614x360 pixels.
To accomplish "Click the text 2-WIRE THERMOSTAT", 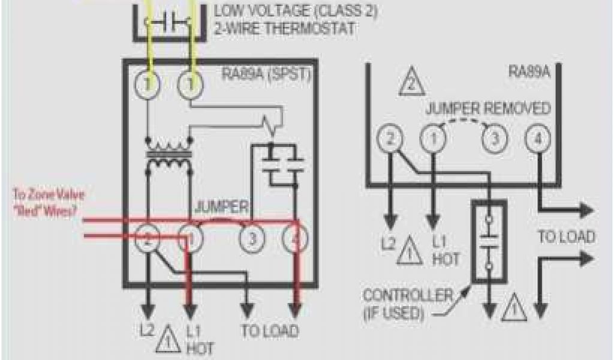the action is (x=284, y=28).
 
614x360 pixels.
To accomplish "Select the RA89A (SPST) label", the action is (x=267, y=74).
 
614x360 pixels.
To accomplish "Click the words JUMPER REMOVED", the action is (x=488, y=109).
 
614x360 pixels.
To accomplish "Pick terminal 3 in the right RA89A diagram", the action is (x=493, y=140).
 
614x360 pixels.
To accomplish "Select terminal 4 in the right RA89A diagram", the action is (x=535, y=140).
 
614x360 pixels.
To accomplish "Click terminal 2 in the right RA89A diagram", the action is (x=389, y=140).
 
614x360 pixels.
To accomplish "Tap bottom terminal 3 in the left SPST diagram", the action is (x=252, y=239).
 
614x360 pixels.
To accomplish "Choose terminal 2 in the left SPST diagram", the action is (x=147, y=239).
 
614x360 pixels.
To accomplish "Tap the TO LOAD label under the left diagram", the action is (x=269, y=331).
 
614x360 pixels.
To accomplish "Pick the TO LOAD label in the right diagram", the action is (x=566, y=236).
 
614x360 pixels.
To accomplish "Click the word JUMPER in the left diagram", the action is (x=221, y=208).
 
